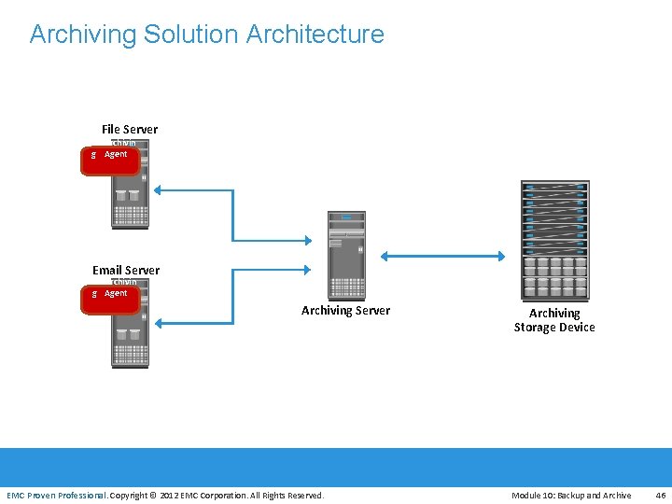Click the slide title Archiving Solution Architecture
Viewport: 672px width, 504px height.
(x=206, y=35)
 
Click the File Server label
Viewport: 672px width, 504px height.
(x=130, y=129)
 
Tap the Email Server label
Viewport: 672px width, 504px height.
(x=126, y=270)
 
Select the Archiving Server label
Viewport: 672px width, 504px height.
(x=345, y=310)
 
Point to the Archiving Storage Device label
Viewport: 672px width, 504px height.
(x=554, y=320)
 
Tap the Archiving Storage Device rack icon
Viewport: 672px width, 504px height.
(x=554, y=239)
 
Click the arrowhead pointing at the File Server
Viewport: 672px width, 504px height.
(x=159, y=190)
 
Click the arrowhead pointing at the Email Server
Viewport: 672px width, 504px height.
(x=159, y=323)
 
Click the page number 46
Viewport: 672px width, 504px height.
(x=661, y=495)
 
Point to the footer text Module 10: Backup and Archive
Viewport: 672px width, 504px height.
(x=571, y=495)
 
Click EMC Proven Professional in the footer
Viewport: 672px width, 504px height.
(x=57, y=495)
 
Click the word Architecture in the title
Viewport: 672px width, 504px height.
(x=315, y=35)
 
